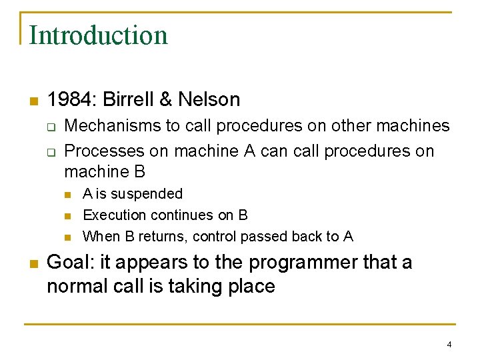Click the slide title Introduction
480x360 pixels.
click(x=98, y=35)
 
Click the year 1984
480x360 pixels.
click(x=71, y=100)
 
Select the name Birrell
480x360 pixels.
click(x=129, y=100)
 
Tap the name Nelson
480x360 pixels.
click(x=209, y=100)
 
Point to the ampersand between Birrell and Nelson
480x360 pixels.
click(x=166, y=100)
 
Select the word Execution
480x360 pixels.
click(x=110, y=215)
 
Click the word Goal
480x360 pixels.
click(x=69, y=263)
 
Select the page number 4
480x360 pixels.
click(x=449, y=345)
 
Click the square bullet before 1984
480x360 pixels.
click(x=33, y=101)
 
